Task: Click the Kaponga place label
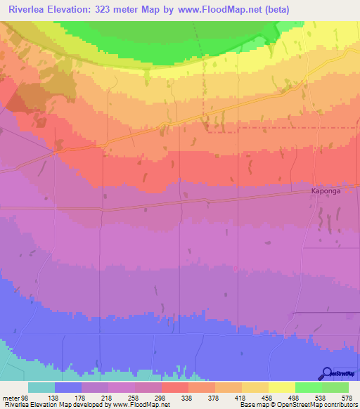326,190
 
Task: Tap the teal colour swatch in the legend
41,387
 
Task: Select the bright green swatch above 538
309,387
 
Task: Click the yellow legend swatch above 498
282,387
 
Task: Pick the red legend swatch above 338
175,387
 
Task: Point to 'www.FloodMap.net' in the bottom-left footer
140,405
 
